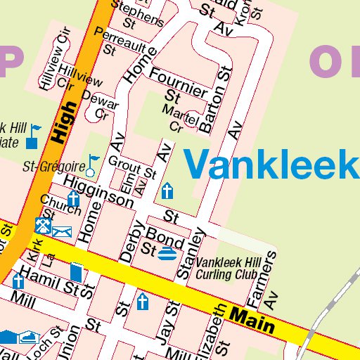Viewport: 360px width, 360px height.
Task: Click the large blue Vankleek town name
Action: [271, 165]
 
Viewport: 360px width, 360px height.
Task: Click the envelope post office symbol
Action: [62, 231]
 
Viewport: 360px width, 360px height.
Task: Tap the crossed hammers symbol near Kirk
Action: [42, 226]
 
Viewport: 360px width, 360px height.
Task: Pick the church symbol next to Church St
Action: [73, 199]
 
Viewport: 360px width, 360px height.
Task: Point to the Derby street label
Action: [132, 241]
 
